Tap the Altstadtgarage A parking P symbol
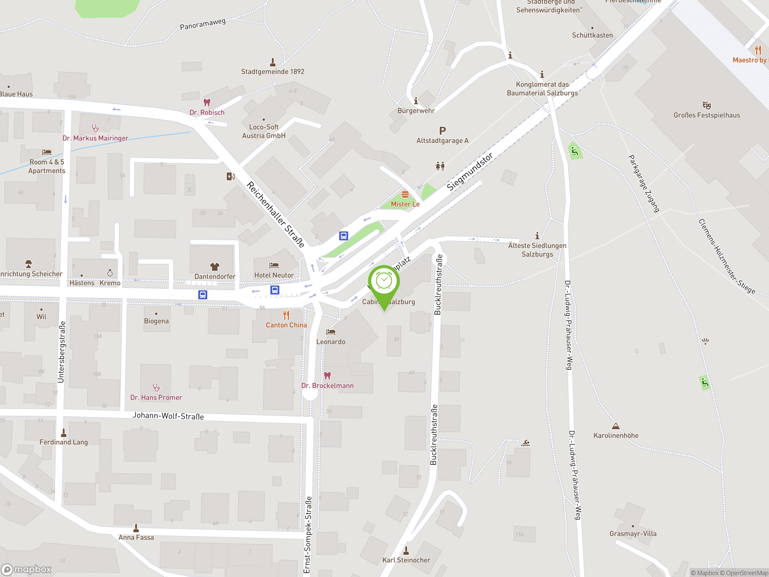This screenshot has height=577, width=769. (442, 131)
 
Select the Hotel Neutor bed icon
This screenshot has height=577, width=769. (274, 266)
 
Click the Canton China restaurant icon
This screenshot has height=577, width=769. (286, 315)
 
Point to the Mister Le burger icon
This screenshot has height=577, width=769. (405, 194)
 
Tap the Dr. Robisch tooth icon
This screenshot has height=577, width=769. (207, 102)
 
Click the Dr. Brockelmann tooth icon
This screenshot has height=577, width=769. (327, 376)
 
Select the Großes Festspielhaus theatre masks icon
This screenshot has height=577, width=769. (707, 105)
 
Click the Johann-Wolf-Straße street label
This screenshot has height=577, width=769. (168, 416)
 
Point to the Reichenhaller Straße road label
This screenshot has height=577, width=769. (275, 214)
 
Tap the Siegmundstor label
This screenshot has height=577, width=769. (470, 172)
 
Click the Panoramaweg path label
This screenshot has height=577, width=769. (203, 24)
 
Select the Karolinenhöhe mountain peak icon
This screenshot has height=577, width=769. (616, 426)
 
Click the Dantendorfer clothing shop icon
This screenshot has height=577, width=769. (214, 267)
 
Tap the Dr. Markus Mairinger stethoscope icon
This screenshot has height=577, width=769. (95, 128)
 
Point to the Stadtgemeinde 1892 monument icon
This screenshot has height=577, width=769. (272, 62)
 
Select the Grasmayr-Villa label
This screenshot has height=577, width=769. (633, 533)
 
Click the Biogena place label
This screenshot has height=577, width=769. (157, 321)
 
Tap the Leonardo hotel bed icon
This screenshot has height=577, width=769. (331, 332)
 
